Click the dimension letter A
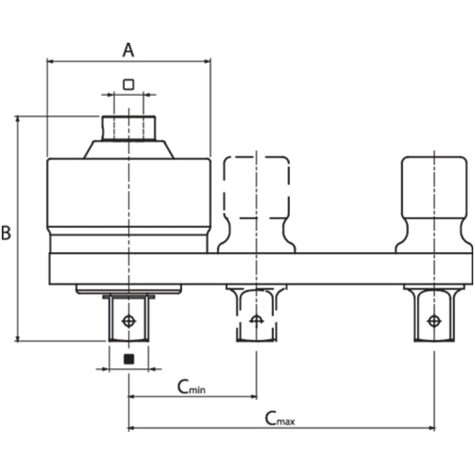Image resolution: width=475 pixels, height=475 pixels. (x=128, y=50)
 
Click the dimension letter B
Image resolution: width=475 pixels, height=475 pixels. (x=6, y=233)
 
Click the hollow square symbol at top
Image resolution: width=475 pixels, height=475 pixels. (x=128, y=84)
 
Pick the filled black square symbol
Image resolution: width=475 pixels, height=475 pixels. (x=128, y=359)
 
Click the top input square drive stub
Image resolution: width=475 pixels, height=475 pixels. (x=128, y=128)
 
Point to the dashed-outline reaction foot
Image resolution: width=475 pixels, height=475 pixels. (x=256, y=196)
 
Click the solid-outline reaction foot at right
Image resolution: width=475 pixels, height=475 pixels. (x=435, y=196)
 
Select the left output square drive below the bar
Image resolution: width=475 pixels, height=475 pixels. (x=128, y=319)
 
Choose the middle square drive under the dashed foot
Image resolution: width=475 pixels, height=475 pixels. (x=256, y=315)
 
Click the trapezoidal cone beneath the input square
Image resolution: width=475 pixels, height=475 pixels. (x=128, y=149)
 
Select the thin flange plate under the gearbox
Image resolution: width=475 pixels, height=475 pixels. (x=128, y=289)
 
